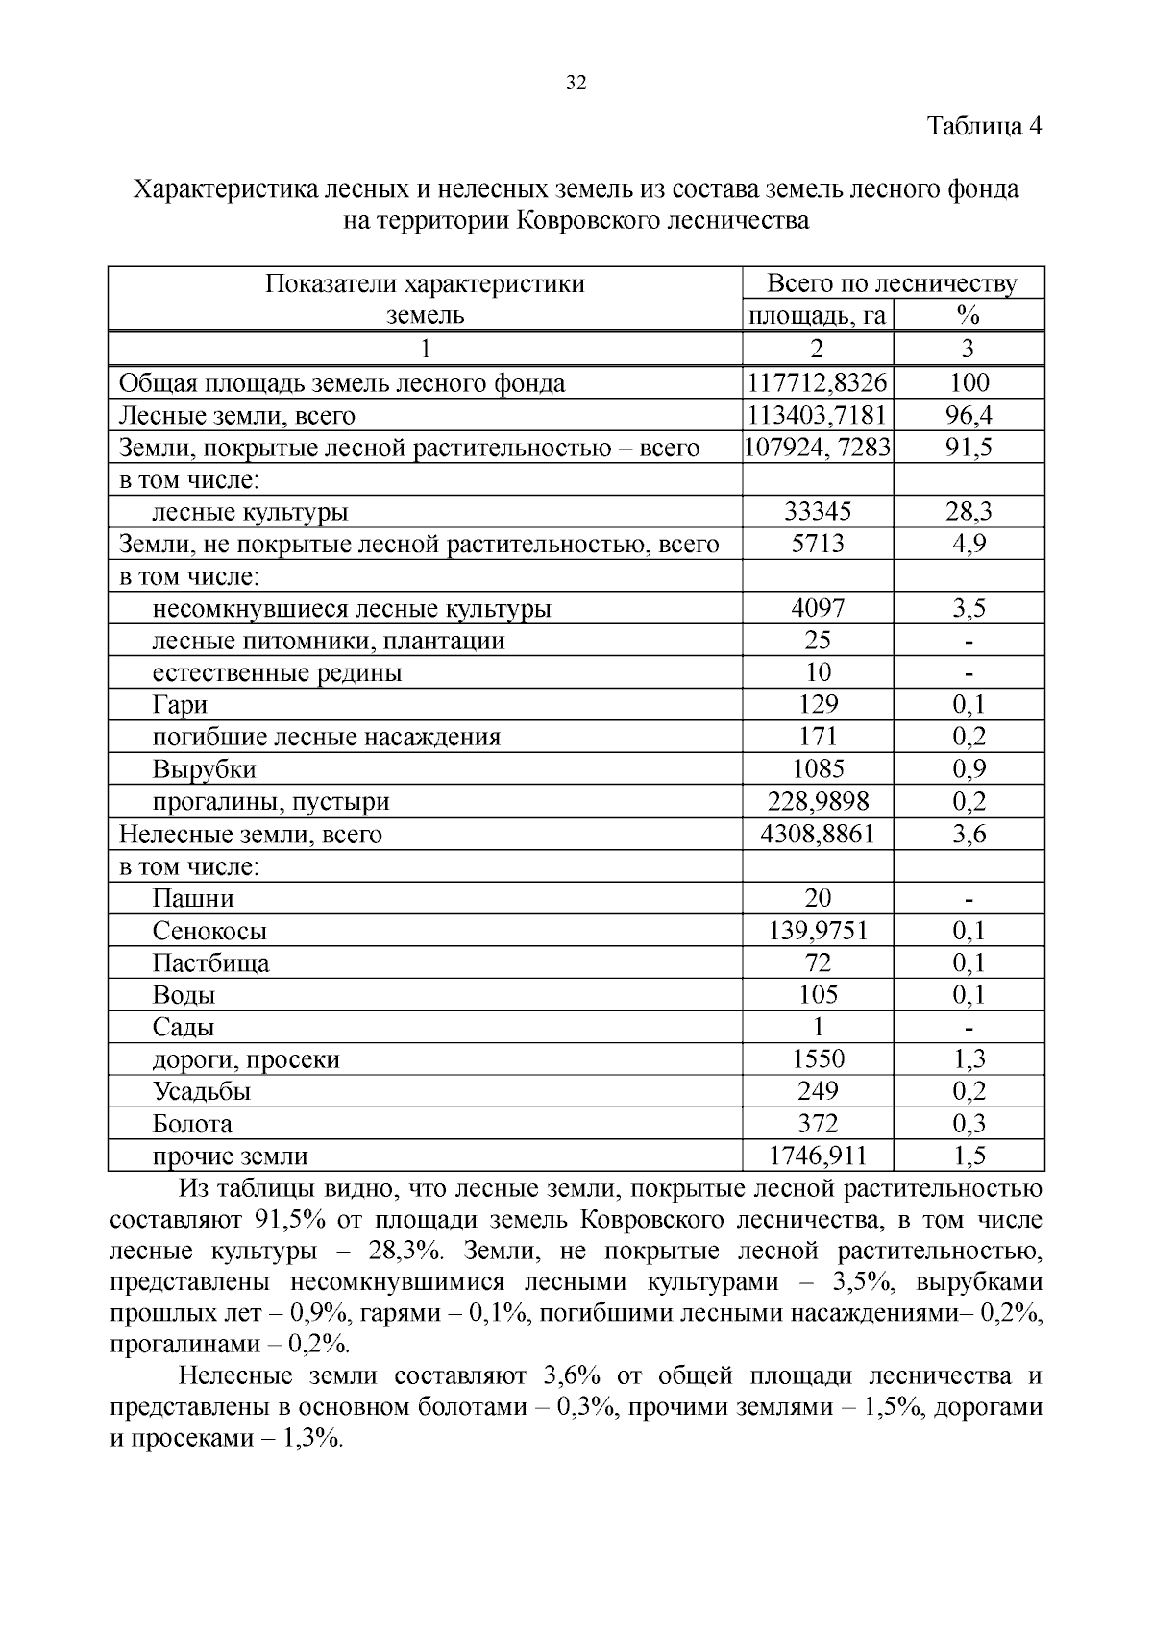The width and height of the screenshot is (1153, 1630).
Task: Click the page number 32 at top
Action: click(x=576, y=83)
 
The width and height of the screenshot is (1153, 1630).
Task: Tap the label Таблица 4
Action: click(x=984, y=126)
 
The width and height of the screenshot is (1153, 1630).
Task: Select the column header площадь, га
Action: click(x=817, y=315)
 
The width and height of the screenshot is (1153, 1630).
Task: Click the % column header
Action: click(x=968, y=315)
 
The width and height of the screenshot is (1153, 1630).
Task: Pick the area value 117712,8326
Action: click(x=817, y=382)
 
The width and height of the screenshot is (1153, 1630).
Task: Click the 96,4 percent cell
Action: click(x=968, y=415)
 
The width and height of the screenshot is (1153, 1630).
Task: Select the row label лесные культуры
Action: click(x=250, y=512)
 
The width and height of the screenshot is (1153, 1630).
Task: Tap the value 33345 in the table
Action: click(x=817, y=512)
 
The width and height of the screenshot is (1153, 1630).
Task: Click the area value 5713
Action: click(x=817, y=544)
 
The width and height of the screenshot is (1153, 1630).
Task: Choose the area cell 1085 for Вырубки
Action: click(x=817, y=768)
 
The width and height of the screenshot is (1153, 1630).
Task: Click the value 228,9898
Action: click(x=817, y=801)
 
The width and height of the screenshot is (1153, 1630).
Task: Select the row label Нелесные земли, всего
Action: click(x=250, y=834)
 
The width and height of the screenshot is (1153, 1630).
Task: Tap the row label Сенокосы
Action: click(x=209, y=931)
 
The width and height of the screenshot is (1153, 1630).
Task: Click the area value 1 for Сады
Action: click(x=818, y=1027)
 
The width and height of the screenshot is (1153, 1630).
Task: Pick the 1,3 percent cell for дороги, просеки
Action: click(x=969, y=1058)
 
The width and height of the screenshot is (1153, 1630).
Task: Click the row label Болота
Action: click(x=192, y=1124)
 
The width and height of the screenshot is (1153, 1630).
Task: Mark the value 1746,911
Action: click(x=817, y=1156)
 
